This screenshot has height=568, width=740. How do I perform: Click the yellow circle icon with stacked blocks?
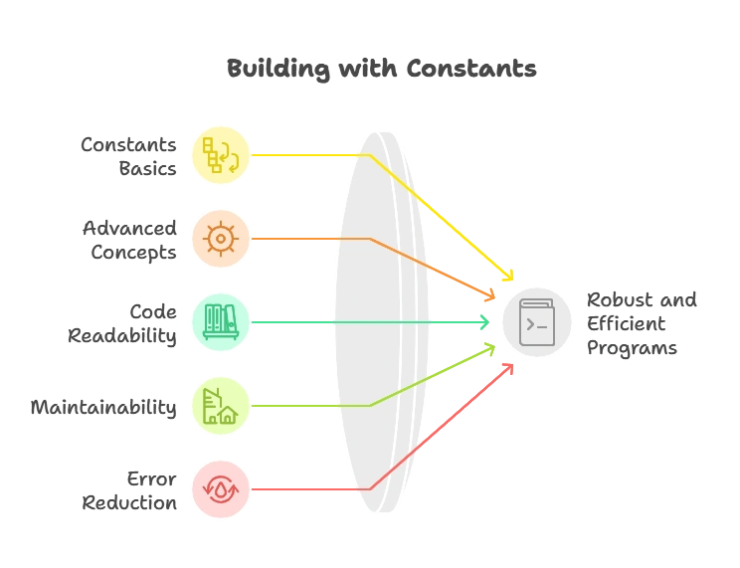point(222,155)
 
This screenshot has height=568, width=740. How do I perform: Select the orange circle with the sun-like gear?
point(220,239)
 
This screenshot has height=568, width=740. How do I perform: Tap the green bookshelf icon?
point(221,322)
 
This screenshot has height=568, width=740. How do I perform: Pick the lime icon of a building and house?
point(220,406)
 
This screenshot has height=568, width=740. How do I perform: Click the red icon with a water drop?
point(221,489)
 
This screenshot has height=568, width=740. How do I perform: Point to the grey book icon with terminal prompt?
point(537,322)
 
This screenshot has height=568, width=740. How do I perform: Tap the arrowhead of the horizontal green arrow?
point(485,322)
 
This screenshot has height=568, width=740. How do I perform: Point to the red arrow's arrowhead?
point(511,364)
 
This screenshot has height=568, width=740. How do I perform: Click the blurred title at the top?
point(381,70)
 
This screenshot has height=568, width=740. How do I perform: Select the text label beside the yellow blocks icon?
point(132,156)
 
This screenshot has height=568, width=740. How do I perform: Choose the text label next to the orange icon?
point(132,240)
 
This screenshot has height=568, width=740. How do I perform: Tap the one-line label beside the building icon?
point(103,406)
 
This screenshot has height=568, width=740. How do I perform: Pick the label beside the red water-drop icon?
point(131,490)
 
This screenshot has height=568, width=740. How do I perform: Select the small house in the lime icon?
point(228,416)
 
